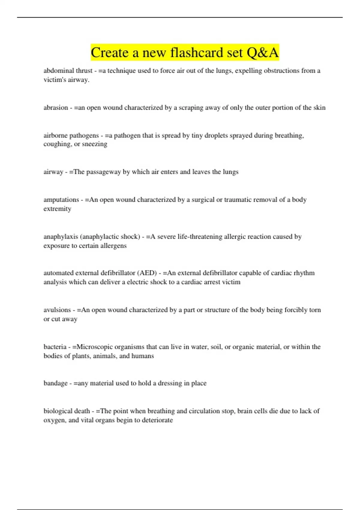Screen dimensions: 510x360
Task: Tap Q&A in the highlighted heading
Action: point(262,52)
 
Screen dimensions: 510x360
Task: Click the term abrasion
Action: point(56,108)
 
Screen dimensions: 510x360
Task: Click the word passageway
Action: point(103,172)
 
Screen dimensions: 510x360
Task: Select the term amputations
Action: point(61,200)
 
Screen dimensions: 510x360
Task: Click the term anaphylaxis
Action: point(61,237)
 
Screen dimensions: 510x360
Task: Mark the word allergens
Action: point(112,246)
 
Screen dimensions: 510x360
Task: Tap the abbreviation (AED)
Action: point(147,273)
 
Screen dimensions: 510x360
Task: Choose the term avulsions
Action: point(57,310)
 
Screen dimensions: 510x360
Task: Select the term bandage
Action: point(55,383)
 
